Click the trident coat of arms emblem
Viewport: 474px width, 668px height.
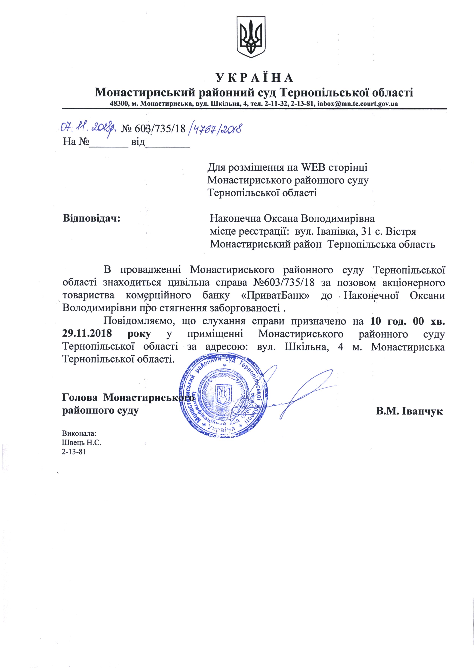tap(251, 37)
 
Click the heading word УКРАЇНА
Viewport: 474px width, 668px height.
tap(254, 78)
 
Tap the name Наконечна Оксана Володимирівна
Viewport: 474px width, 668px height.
tap(292, 218)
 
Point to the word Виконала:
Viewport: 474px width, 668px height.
tap(79, 433)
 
